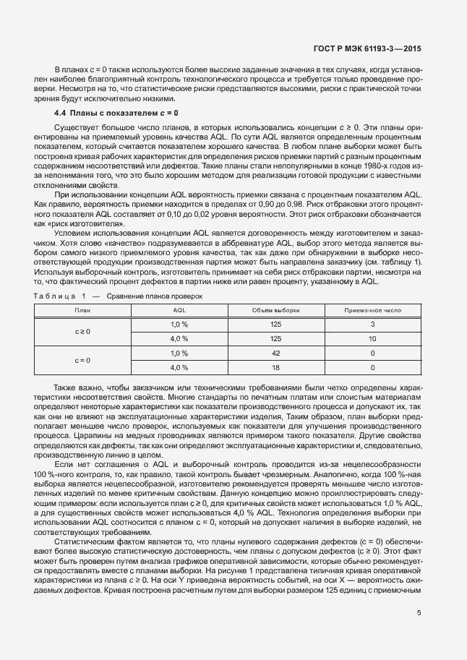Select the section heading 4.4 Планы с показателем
pyautogui.click(x=116, y=113)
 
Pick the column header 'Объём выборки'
pyautogui.click(x=275, y=309)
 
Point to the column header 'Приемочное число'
pyautogui.click(x=372, y=309)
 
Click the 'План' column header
pyautogui.click(x=82, y=309)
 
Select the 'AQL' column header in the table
pyautogui.click(x=179, y=309)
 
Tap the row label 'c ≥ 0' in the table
pyautogui.click(x=82, y=331)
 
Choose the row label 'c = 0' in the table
pyautogui.click(x=82, y=359)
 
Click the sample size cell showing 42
pyautogui.click(x=275, y=353)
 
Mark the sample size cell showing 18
pyautogui.click(x=275, y=367)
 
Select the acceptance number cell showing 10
pyautogui.click(x=372, y=338)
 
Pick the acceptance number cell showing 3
pyautogui.click(x=372, y=324)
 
